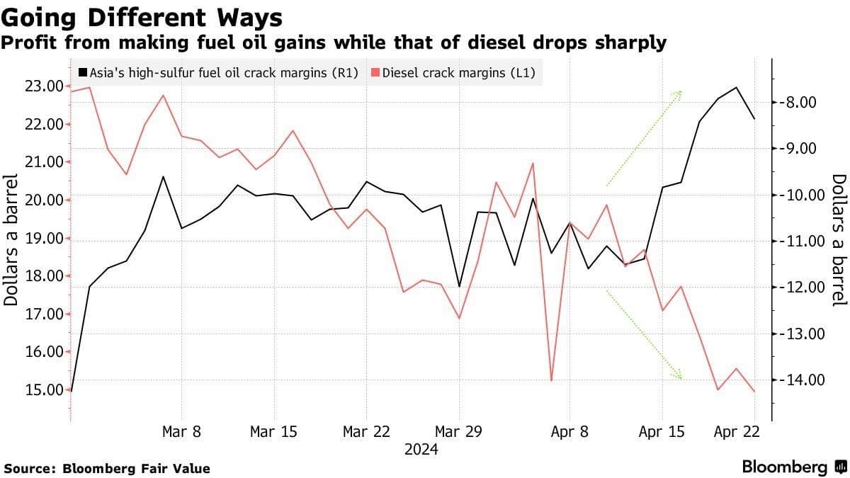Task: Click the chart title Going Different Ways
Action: click(142, 16)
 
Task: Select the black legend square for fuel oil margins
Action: click(83, 72)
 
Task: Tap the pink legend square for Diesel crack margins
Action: click(376, 72)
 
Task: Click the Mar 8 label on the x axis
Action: click(181, 431)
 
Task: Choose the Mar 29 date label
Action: click(458, 431)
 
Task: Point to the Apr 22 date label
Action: click(737, 431)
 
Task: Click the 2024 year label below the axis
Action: click(421, 450)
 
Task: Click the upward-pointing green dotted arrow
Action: click(644, 138)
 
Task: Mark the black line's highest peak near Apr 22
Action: click(737, 88)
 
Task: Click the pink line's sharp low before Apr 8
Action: click(551, 380)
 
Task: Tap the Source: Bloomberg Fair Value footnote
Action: click(107, 468)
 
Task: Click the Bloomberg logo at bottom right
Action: click(793, 467)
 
